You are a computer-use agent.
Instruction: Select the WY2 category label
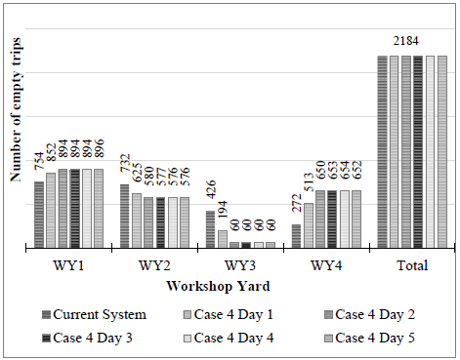coord(151,265)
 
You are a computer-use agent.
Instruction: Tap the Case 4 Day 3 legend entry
coord(99,338)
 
